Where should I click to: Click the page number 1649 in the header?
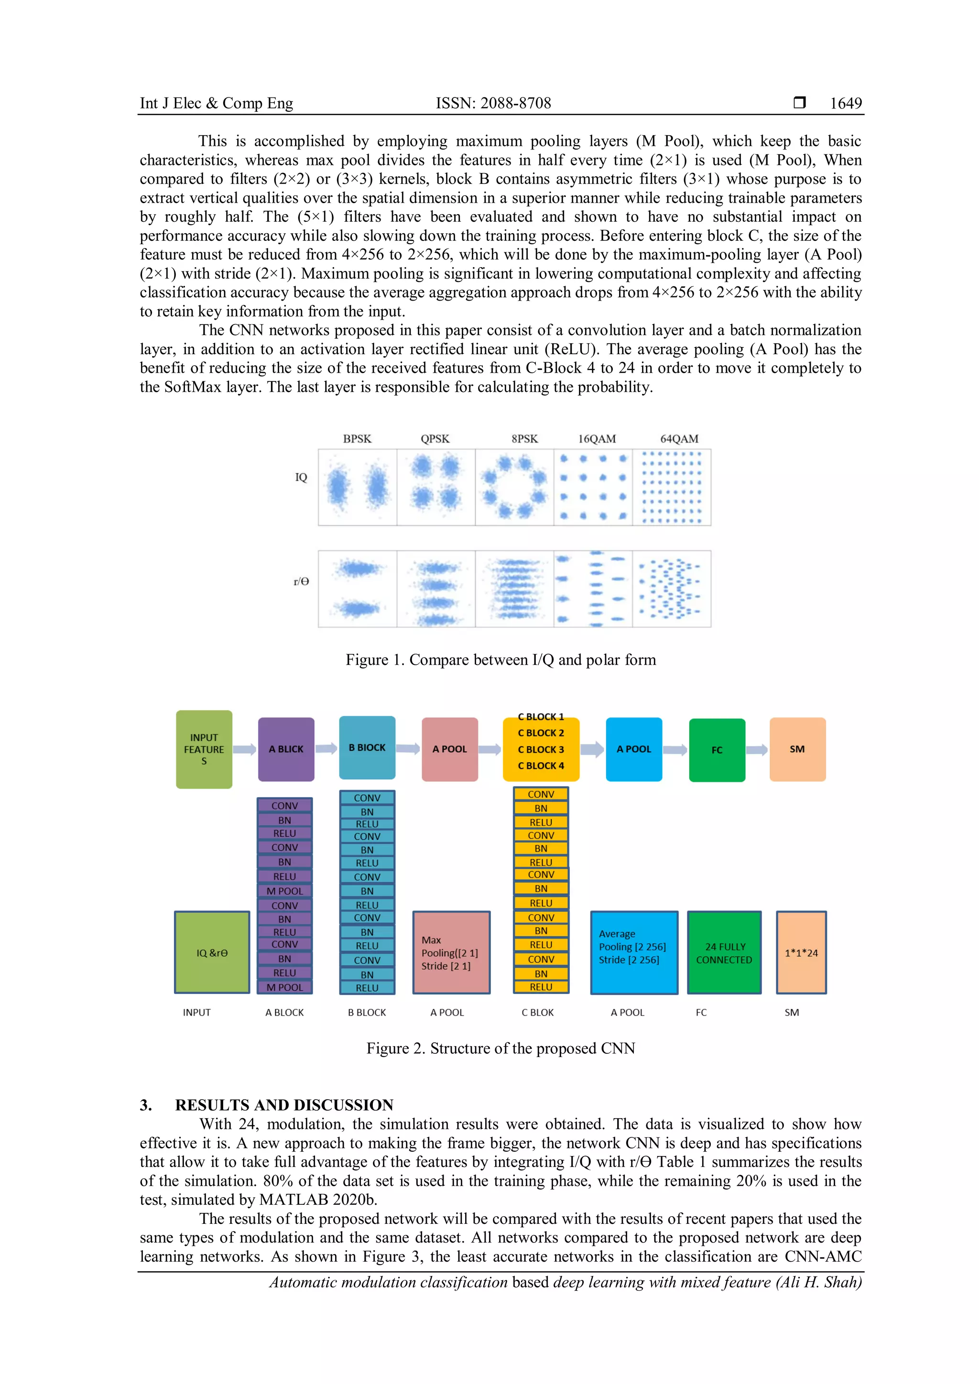point(845,103)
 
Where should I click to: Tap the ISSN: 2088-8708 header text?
point(493,103)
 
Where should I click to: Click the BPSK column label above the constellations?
point(357,439)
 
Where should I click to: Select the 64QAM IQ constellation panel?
point(672,487)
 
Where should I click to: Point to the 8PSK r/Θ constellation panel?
point(514,588)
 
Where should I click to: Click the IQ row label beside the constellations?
point(301,477)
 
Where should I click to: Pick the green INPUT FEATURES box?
point(204,749)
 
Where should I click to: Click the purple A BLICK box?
point(286,749)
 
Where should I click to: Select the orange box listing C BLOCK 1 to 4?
point(541,749)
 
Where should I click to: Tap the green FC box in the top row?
point(717,750)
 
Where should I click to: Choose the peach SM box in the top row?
point(797,749)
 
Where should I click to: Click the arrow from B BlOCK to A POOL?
point(408,749)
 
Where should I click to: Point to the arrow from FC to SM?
point(757,750)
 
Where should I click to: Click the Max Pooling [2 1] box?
point(451,952)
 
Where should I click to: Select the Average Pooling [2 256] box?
point(633,952)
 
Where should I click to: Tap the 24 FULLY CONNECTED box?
point(724,952)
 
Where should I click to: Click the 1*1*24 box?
point(801,952)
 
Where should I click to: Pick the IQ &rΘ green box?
point(212,952)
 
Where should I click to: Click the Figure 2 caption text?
point(500,1048)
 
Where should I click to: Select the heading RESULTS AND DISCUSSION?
point(284,1105)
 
